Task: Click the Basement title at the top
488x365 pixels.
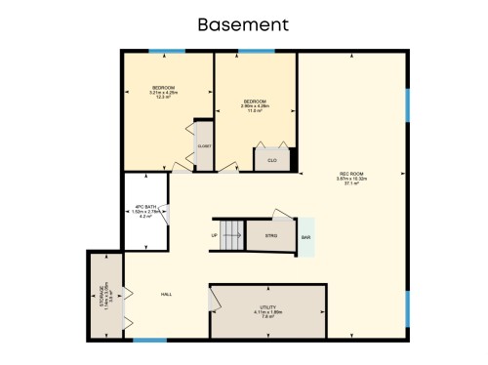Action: pyautogui.click(x=243, y=22)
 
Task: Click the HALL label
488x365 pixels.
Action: pyautogui.click(x=167, y=293)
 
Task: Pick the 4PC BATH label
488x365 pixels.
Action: pyautogui.click(x=145, y=207)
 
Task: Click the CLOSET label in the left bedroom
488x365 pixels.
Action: pyautogui.click(x=204, y=146)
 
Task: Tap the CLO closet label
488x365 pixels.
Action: pyautogui.click(x=272, y=160)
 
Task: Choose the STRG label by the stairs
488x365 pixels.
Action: pyautogui.click(x=270, y=235)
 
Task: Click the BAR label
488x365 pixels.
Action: pyautogui.click(x=305, y=237)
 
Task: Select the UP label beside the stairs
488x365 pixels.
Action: pyautogui.click(x=214, y=235)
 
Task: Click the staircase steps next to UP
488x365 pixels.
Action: pyautogui.click(x=231, y=234)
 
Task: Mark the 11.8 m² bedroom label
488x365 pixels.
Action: pyautogui.click(x=255, y=110)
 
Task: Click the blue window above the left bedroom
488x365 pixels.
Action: pyautogui.click(x=167, y=51)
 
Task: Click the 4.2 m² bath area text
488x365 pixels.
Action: pyautogui.click(x=145, y=216)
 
